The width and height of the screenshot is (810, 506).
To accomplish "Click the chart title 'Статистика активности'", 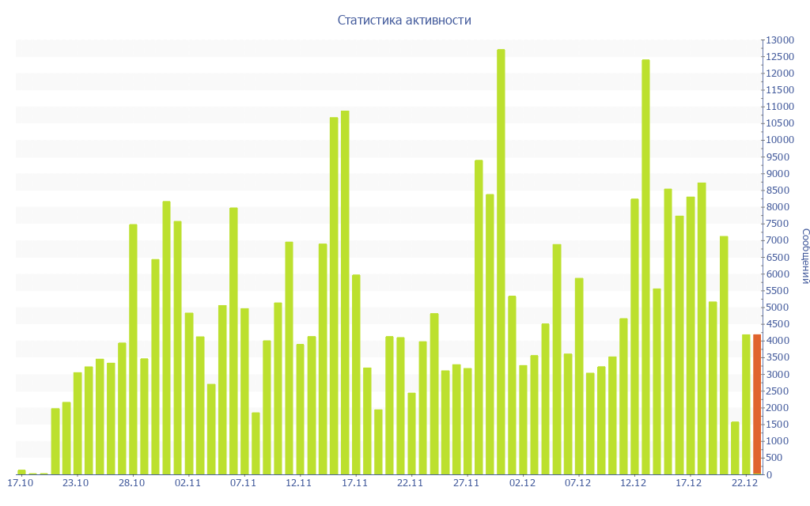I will [404, 20].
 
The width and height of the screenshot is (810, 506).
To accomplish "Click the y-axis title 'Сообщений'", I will [804, 256].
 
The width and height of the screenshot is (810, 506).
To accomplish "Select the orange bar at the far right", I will [757, 404].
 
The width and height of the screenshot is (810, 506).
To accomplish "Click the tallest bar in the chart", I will [501, 261].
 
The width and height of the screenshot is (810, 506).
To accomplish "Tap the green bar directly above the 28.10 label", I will [133, 349].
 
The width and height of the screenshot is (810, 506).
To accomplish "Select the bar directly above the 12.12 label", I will [634, 336].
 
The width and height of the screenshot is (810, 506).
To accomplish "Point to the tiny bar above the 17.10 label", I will [21, 472].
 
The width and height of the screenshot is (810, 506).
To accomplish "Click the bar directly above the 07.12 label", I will [579, 376].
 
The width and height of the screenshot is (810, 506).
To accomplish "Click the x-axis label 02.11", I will [188, 483].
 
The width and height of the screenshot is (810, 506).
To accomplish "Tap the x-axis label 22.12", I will [745, 483].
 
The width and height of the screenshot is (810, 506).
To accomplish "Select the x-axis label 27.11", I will [467, 483].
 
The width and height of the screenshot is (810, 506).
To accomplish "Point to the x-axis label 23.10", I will [76, 483].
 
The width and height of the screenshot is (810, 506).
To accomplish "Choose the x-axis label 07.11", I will [244, 483].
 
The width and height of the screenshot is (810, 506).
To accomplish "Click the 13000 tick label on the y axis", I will [779, 40].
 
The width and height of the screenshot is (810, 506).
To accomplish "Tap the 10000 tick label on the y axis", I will [779, 140].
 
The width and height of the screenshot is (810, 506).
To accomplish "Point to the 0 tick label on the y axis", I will [768, 474].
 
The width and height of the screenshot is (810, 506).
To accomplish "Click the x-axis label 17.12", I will [689, 483].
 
